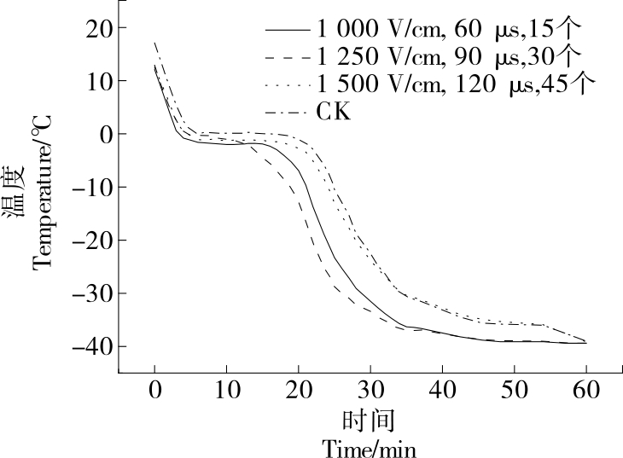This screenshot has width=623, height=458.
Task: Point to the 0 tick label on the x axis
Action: [154, 391]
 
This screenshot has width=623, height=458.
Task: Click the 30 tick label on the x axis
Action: [370, 391]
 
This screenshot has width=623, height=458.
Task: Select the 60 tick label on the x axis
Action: [586, 391]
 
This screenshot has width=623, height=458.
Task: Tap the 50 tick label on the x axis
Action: [515, 391]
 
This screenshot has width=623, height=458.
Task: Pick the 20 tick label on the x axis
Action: [299, 391]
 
